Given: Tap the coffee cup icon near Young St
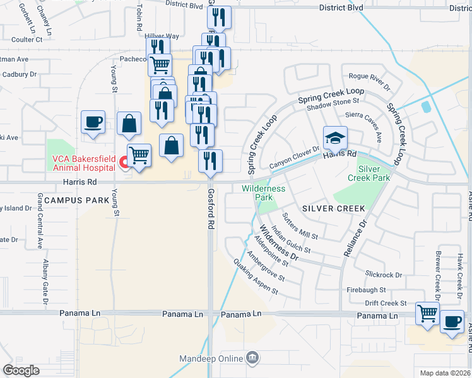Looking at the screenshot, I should pyautogui.click(x=93, y=122).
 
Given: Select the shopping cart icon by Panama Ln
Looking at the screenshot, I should pyautogui.click(x=428, y=312).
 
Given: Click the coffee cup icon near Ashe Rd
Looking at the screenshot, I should pyautogui.click(x=452, y=321).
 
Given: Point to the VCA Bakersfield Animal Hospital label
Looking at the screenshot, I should pyautogui.click(x=84, y=163).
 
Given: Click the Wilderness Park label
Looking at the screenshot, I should pyautogui.click(x=264, y=193).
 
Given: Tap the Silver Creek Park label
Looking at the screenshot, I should pyautogui.click(x=370, y=173).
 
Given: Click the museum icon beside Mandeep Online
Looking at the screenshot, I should pyautogui.click(x=252, y=358).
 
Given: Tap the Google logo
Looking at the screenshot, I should pyautogui.click(x=21, y=370).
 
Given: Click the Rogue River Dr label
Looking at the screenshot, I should pyautogui.click(x=370, y=79).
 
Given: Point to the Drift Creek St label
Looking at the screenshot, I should pyautogui.click(x=386, y=304).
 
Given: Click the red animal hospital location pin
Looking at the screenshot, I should pyautogui.click(x=124, y=164).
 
